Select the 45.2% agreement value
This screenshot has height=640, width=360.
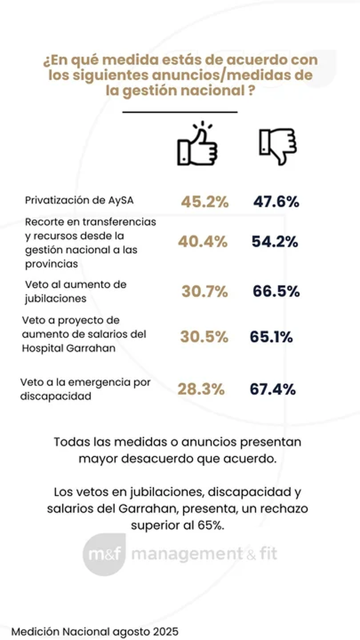[205, 202]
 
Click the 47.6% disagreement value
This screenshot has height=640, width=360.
[276, 202]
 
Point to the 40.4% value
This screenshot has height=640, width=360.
[203, 242]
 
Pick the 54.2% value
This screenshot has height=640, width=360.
[275, 242]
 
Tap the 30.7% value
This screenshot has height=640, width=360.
[205, 291]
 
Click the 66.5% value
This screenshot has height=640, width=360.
[276, 291]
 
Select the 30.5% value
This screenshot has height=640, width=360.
[204, 337]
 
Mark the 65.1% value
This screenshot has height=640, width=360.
[271, 337]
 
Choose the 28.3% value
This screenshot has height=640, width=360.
[201, 389]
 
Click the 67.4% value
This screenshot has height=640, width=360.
[273, 389]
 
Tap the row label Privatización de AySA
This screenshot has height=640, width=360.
[79, 200]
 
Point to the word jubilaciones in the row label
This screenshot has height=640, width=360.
[56, 299]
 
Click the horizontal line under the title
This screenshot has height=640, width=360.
[180, 112]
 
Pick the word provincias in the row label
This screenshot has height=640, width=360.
[51, 264]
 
